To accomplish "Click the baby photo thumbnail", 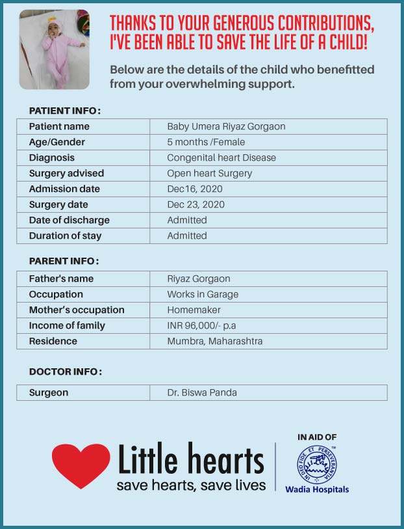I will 55,49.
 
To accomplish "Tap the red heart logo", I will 81,465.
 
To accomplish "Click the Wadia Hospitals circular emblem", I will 317,465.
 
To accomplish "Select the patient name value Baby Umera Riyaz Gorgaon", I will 226,126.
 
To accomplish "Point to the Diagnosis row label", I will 52,157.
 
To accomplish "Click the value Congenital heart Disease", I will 221,157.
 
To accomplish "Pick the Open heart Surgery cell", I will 209,173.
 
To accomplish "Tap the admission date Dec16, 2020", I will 195,189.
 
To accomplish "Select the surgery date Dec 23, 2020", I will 196,204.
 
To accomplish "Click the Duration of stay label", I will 65,236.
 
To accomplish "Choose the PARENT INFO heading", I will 64,261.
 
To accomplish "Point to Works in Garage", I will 203,294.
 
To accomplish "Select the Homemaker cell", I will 194,310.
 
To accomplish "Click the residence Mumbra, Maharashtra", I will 215,341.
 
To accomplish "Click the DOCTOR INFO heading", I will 66,372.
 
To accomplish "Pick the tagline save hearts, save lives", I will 191,485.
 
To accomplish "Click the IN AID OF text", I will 317,437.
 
